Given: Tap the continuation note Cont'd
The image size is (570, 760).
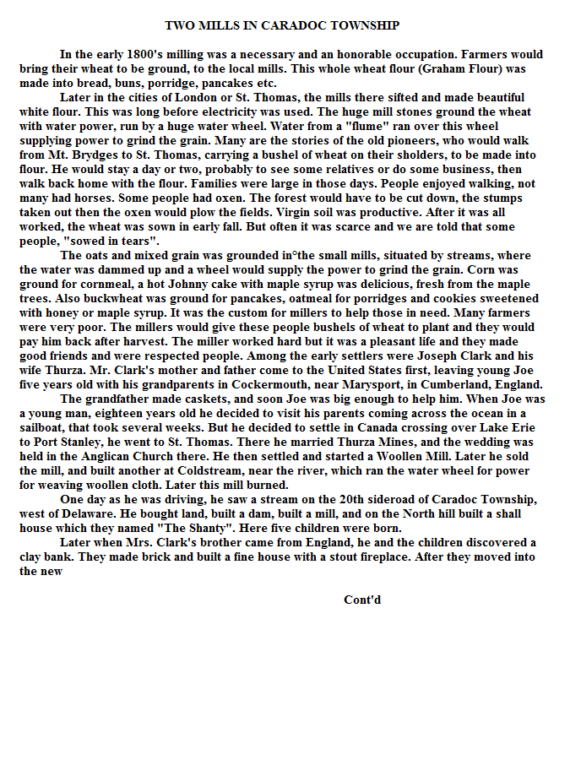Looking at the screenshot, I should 362,600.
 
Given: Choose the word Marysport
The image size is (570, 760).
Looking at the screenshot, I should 371,385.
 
